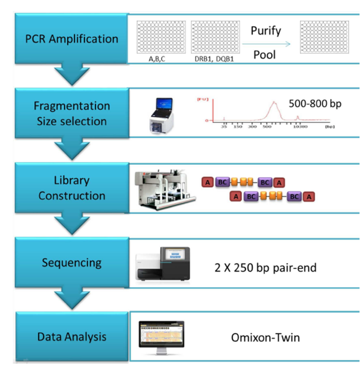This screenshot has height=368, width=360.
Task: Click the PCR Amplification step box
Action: (71, 39)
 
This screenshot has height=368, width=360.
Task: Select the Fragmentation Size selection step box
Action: (71, 113)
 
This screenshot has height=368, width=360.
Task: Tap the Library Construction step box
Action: (71, 188)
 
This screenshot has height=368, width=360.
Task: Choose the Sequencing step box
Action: (71, 263)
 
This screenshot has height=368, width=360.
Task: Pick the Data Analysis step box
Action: (71, 336)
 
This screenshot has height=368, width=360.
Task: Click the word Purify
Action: (266, 31)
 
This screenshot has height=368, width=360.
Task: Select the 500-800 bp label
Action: (315, 103)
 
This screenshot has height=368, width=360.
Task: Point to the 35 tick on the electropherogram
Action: (224, 126)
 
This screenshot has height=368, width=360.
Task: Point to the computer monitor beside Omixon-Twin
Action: (163, 337)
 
